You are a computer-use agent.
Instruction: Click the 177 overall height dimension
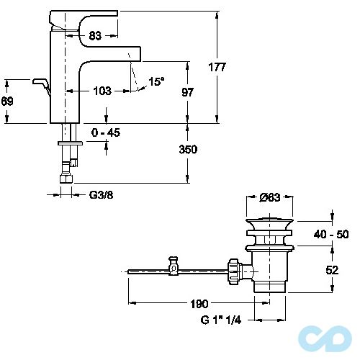[217, 67]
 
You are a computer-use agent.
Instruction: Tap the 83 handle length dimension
[95, 36]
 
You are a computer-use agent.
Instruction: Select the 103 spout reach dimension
[102, 91]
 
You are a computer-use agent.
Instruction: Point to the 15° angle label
[156, 81]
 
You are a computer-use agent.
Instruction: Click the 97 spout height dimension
[187, 92]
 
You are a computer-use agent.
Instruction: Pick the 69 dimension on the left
[7, 101]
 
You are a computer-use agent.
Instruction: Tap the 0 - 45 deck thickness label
[106, 132]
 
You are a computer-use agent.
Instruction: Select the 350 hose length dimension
[188, 149]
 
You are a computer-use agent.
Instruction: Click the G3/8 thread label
[101, 195]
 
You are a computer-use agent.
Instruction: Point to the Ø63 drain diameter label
[270, 197]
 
